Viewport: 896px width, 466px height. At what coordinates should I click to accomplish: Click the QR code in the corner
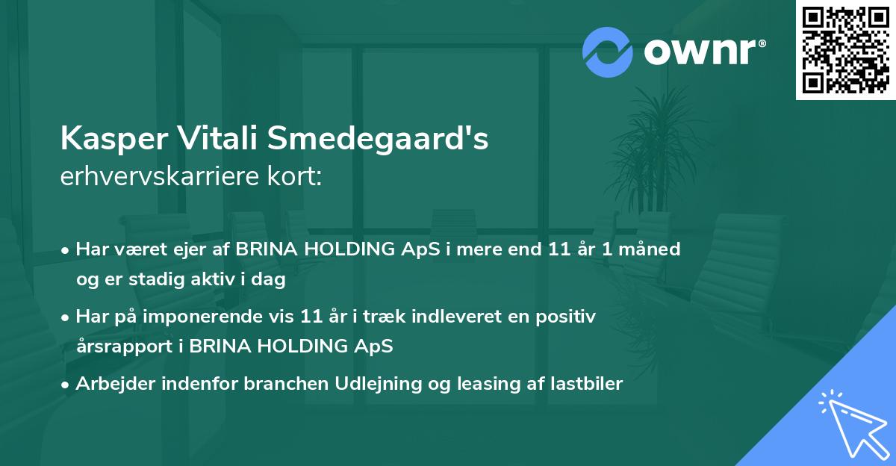[845, 50]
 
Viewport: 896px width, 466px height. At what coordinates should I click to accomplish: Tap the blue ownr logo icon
[608, 52]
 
